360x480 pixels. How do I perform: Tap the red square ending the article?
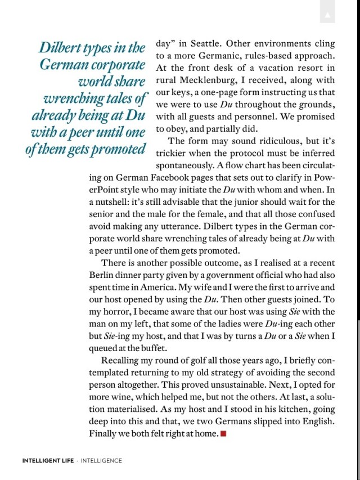point(223,433)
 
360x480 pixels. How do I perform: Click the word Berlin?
point(102,275)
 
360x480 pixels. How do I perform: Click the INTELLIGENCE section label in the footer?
point(101,460)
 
